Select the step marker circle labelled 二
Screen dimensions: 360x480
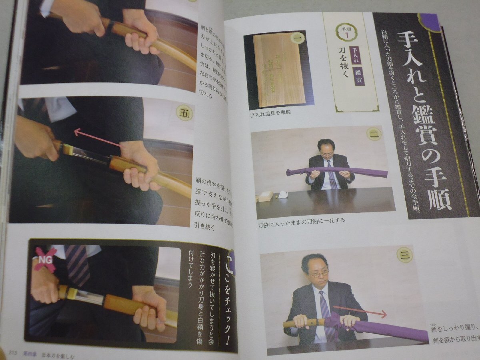[374, 135]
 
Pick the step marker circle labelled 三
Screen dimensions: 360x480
[404, 255]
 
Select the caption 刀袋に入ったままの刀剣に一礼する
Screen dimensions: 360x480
[301, 220]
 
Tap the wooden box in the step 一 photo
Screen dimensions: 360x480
[279, 70]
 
